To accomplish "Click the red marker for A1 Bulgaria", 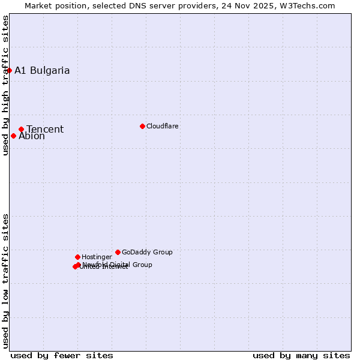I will [x=9, y=70].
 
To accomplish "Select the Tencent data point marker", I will [x=21, y=129].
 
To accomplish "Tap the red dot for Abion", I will [x=13, y=136].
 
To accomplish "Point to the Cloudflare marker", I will [x=142, y=126].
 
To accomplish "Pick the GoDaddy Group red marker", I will [x=118, y=252].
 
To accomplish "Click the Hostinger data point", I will [x=77, y=257].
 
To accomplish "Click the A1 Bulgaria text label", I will [x=42, y=70].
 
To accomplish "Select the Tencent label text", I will [x=45, y=129].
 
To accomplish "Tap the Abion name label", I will [x=32, y=136].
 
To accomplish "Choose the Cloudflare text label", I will [x=163, y=126].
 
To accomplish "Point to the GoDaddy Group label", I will [x=147, y=252].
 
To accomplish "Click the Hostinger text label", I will [x=97, y=257].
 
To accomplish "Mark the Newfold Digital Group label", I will [x=118, y=264].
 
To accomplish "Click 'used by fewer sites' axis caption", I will [x=62, y=355].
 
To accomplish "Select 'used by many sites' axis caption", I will [x=301, y=355].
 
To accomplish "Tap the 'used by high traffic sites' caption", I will [x=5, y=85].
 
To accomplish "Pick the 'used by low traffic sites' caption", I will [x=5, y=281].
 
